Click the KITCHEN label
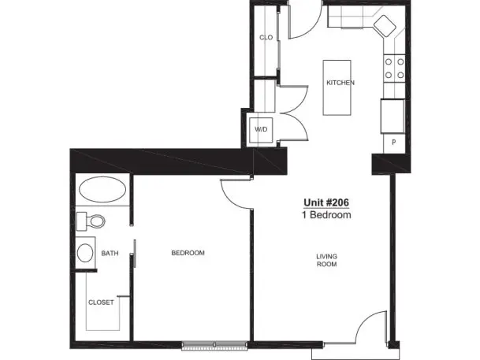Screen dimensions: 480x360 [340, 83]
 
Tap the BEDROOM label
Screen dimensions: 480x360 [188, 253]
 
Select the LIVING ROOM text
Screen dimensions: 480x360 [326, 260]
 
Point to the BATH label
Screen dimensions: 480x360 [110, 253]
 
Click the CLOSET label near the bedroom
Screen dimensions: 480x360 [101, 302]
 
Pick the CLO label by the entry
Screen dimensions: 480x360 [266, 37]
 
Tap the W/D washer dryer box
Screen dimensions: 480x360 [261, 130]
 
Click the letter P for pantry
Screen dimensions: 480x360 [393, 143]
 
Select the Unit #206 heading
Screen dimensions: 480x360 [326, 202]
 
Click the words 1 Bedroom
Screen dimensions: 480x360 [326, 215]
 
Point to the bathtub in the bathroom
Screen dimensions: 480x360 [102, 189]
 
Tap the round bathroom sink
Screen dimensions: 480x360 [85, 253]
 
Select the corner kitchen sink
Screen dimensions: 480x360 [385, 26]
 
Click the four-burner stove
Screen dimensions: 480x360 [395, 69]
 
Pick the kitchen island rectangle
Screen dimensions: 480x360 [337, 87]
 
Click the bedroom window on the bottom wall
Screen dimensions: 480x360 [214, 345]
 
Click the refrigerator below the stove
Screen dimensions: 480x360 [393, 117]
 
